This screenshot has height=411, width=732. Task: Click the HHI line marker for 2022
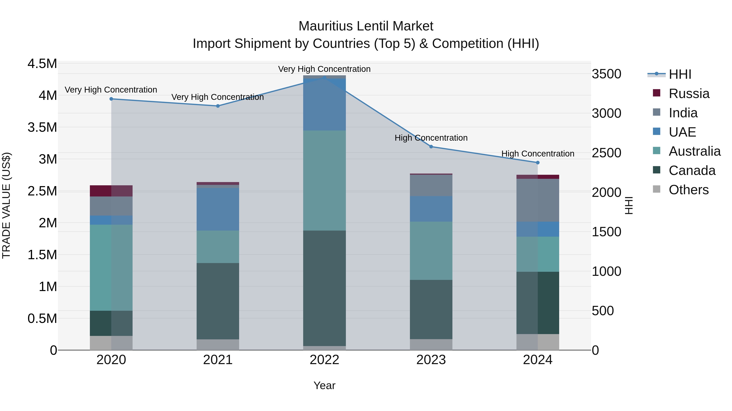(x=324, y=78)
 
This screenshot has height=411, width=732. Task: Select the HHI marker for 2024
(x=537, y=163)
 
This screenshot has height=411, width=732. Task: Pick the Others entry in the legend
(x=688, y=190)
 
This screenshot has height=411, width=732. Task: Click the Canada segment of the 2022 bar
(x=324, y=288)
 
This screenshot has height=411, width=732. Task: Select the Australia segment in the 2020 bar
(x=111, y=268)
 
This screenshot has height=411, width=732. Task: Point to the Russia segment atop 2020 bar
(x=111, y=191)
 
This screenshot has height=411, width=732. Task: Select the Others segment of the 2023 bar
(x=431, y=344)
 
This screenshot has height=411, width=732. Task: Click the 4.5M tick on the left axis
(x=42, y=64)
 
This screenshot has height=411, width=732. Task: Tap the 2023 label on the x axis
(x=431, y=360)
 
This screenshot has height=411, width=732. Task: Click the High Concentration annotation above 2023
(x=431, y=138)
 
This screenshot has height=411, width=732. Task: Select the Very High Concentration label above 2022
(x=324, y=69)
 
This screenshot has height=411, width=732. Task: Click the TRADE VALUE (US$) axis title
(x=6, y=205)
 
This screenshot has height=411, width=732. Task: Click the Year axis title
(x=324, y=385)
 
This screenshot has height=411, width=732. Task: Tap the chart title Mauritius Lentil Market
(x=366, y=26)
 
